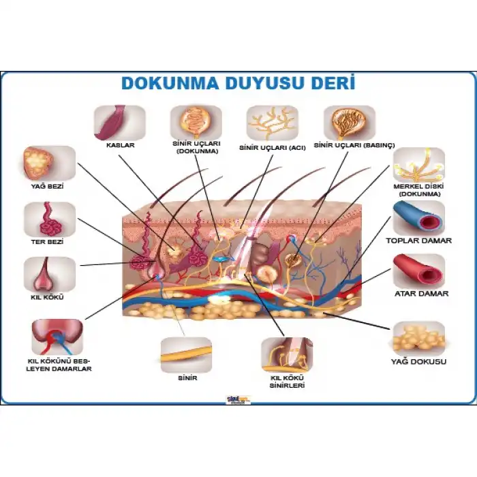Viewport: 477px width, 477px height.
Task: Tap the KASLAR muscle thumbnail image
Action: (x=119, y=123)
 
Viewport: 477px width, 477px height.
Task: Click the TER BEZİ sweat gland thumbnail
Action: (x=49, y=219)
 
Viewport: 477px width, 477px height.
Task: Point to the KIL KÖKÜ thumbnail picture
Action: (x=49, y=274)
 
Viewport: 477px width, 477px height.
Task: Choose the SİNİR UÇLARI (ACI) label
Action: (x=273, y=147)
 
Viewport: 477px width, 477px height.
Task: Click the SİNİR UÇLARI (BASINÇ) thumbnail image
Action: (x=349, y=123)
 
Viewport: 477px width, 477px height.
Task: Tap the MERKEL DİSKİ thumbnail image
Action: (x=419, y=165)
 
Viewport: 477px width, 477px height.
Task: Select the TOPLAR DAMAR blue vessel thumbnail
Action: (x=419, y=218)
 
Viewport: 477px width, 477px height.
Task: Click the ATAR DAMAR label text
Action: (x=421, y=294)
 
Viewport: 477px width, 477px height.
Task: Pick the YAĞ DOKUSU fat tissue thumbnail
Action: (x=418, y=338)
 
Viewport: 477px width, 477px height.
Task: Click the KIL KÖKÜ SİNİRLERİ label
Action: (x=286, y=382)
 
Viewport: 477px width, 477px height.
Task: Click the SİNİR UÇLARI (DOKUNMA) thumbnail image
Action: (x=196, y=123)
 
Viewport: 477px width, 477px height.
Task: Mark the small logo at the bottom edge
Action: (x=238, y=400)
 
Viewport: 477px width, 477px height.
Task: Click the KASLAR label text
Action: (x=120, y=145)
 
